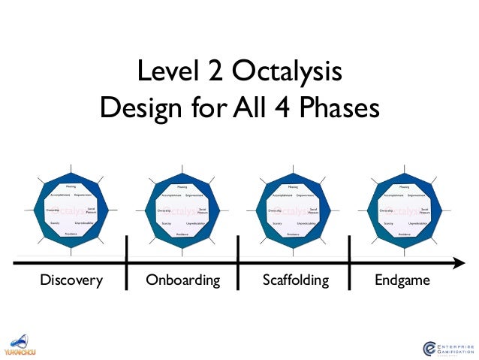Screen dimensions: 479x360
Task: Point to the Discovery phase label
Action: point(72,281)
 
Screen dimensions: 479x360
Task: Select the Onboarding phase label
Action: point(182,281)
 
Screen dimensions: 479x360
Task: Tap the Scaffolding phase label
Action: point(296,281)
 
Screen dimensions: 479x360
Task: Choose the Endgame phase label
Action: point(403,281)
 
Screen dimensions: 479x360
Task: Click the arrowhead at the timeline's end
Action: point(459,262)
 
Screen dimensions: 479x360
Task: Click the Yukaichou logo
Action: point(20,345)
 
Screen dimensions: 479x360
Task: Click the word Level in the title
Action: point(166,73)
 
